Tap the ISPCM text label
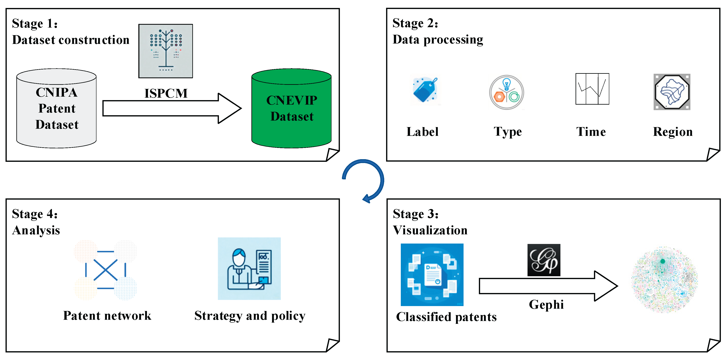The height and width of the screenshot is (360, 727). (x=166, y=94)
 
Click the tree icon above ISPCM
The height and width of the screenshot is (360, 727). (x=166, y=51)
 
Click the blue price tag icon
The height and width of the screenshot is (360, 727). (x=425, y=90)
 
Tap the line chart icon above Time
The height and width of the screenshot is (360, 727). (x=592, y=89)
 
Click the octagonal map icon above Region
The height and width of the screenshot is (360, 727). (x=672, y=92)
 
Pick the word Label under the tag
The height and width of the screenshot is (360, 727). (x=422, y=132)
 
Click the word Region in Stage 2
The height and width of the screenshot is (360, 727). (x=673, y=132)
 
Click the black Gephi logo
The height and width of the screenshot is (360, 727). (x=543, y=260)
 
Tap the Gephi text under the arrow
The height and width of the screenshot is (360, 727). (x=546, y=305)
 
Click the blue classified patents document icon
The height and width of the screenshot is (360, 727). (x=432, y=275)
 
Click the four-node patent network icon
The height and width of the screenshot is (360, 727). (x=105, y=270)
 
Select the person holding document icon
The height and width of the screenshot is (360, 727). (x=249, y=269)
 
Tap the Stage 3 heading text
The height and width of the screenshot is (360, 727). (x=416, y=214)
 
